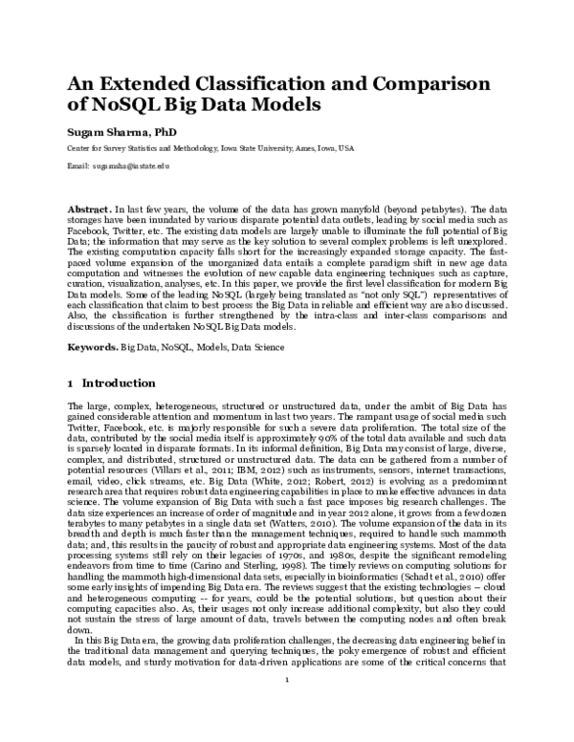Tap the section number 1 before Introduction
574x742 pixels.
pos(70,383)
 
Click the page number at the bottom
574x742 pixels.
pos(287,709)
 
